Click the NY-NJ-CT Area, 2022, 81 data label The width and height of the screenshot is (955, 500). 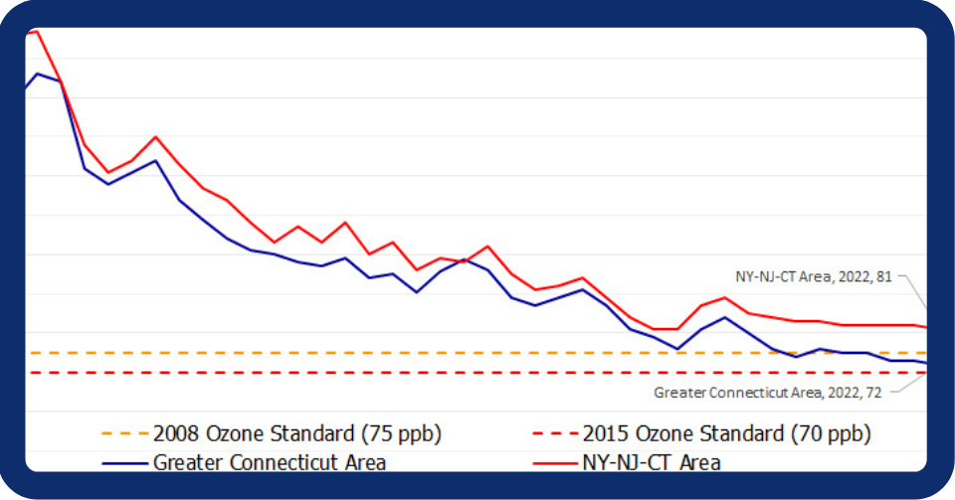[x=813, y=277]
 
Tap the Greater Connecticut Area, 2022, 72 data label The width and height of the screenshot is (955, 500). [x=767, y=393]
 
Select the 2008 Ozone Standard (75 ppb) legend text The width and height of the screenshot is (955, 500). [x=296, y=434]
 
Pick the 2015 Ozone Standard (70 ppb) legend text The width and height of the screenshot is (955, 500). [x=726, y=434]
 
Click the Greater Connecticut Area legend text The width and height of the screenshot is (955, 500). [x=269, y=462]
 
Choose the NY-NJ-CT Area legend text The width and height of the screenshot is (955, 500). [x=651, y=462]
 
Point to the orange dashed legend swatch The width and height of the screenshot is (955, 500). [x=126, y=434]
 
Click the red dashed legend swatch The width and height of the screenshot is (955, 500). [x=555, y=434]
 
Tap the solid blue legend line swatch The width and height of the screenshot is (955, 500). [x=126, y=462]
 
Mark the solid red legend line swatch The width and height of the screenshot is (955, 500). [x=555, y=462]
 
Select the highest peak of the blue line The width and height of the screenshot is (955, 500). [x=37, y=74]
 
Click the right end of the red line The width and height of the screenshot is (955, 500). [x=926, y=327]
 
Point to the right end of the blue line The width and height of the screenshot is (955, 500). [x=926, y=364]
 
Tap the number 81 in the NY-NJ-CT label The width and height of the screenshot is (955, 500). [x=883, y=277]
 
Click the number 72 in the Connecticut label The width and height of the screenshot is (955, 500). [x=873, y=393]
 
